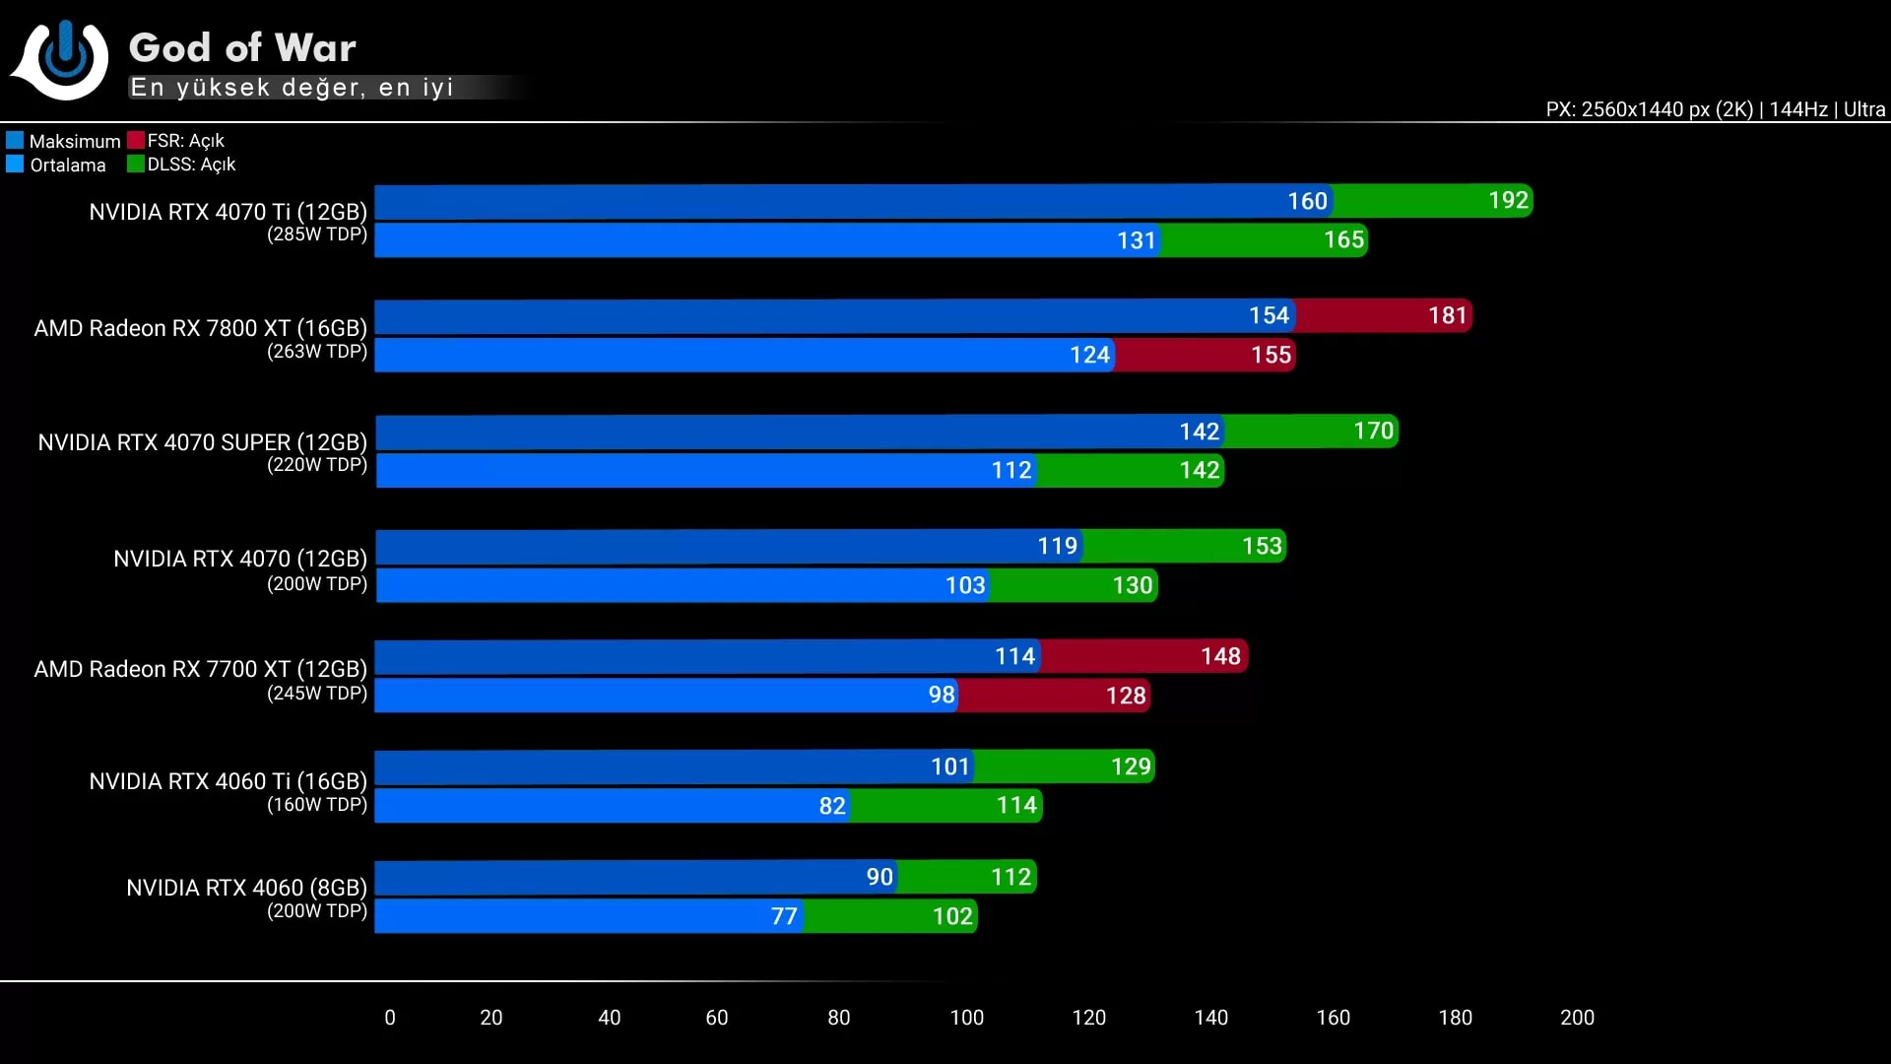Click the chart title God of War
tap(242, 47)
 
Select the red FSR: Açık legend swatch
tap(136, 140)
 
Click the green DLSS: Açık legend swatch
tap(136, 164)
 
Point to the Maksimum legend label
tap(75, 141)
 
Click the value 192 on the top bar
tap(1508, 201)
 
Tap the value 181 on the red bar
tap(1448, 315)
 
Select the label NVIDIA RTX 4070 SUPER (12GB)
tap(202, 442)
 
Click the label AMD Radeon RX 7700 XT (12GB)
tap(200, 669)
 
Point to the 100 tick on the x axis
tap(966, 1018)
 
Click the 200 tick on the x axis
tap(1577, 1018)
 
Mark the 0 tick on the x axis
tap(390, 1018)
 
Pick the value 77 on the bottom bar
tap(784, 916)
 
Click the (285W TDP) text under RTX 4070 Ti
tap(317, 234)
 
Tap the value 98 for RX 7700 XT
tap(942, 696)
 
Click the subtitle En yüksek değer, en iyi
tap(292, 88)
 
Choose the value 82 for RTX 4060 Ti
tap(832, 806)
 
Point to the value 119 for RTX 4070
tap(1058, 546)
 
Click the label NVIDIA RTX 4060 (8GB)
tap(246, 888)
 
